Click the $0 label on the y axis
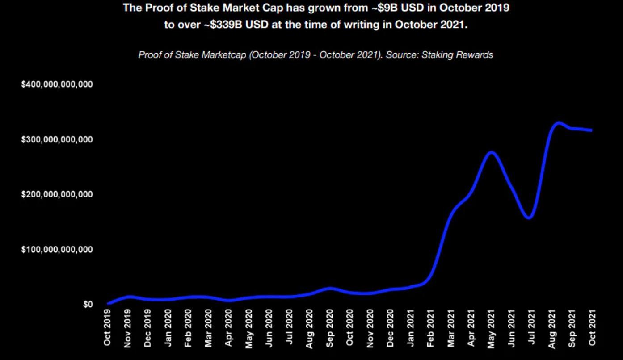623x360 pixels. coord(88,304)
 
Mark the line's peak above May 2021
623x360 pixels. coord(491,152)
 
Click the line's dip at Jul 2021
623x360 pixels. coord(529,218)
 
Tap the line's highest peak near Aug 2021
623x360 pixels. coord(558,123)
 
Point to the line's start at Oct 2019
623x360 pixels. coord(109,303)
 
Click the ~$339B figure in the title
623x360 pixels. coord(223,25)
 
